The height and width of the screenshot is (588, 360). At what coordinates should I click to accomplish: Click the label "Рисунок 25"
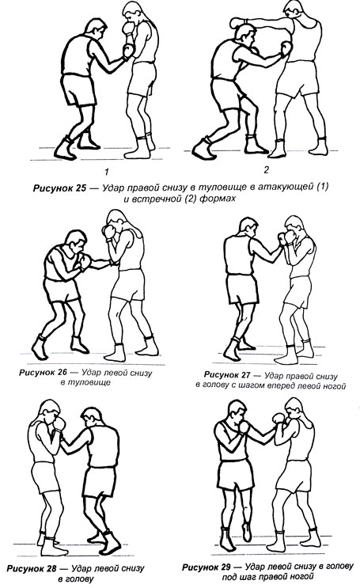point(59,188)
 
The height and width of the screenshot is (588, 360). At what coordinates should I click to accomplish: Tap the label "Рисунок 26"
point(43,373)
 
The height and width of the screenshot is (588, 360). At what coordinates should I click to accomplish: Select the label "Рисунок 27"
point(227,374)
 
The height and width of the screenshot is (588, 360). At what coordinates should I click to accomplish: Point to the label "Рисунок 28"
point(32,568)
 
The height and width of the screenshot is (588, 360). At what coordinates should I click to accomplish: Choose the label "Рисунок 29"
point(207,567)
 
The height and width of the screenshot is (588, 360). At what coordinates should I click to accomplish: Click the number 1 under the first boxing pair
point(107,172)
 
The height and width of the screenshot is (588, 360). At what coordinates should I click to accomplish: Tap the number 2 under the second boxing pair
point(267,170)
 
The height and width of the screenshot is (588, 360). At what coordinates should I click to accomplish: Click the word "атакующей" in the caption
point(286,187)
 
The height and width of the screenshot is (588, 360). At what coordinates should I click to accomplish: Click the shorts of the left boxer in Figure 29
point(235,475)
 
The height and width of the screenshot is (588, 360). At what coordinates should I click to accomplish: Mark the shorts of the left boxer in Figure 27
point(242,289)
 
